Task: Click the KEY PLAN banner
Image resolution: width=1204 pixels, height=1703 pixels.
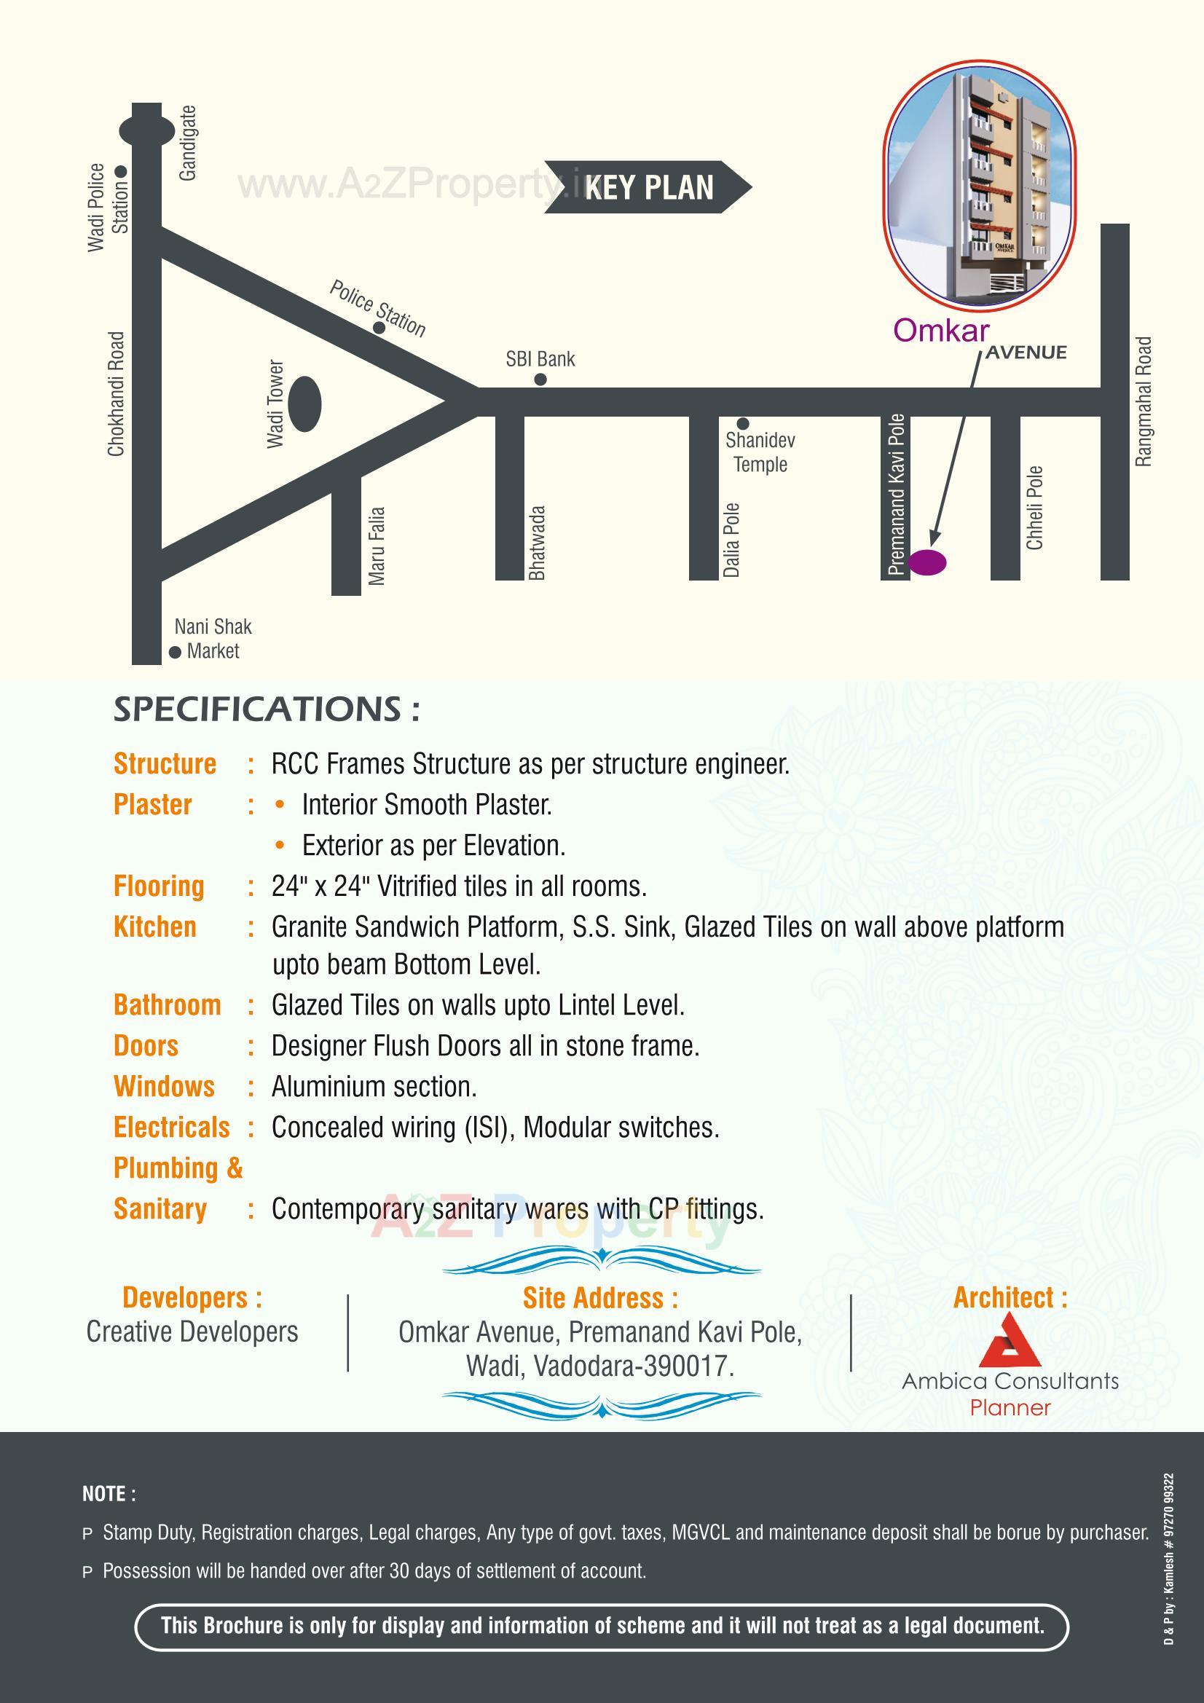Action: point(648,187)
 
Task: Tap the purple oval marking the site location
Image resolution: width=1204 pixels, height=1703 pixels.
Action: point(927,562)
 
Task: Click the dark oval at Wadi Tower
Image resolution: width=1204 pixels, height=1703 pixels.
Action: point(304,404)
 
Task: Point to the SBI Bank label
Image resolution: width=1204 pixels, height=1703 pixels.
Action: point(540,360)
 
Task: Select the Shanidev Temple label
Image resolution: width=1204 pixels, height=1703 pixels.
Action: point(760,452)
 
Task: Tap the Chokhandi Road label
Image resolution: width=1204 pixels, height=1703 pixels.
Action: point(117,394)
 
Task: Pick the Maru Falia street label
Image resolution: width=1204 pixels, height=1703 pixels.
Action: point(377,546)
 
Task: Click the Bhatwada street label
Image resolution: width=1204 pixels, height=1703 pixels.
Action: point(537,542)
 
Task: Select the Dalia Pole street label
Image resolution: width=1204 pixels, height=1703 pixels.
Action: point(731,540)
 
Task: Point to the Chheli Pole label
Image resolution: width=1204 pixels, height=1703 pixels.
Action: point(1034,508)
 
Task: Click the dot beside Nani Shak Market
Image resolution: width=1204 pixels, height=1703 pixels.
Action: point(175,652)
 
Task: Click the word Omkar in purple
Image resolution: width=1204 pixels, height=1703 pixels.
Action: point(940,331)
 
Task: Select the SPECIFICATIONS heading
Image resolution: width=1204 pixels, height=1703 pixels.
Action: point(267,709)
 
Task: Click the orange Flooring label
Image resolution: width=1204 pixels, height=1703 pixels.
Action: point(159,886)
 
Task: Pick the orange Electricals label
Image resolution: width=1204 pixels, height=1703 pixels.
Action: point(171,1128)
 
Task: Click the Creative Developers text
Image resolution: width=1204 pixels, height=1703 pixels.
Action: point(192,1332)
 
